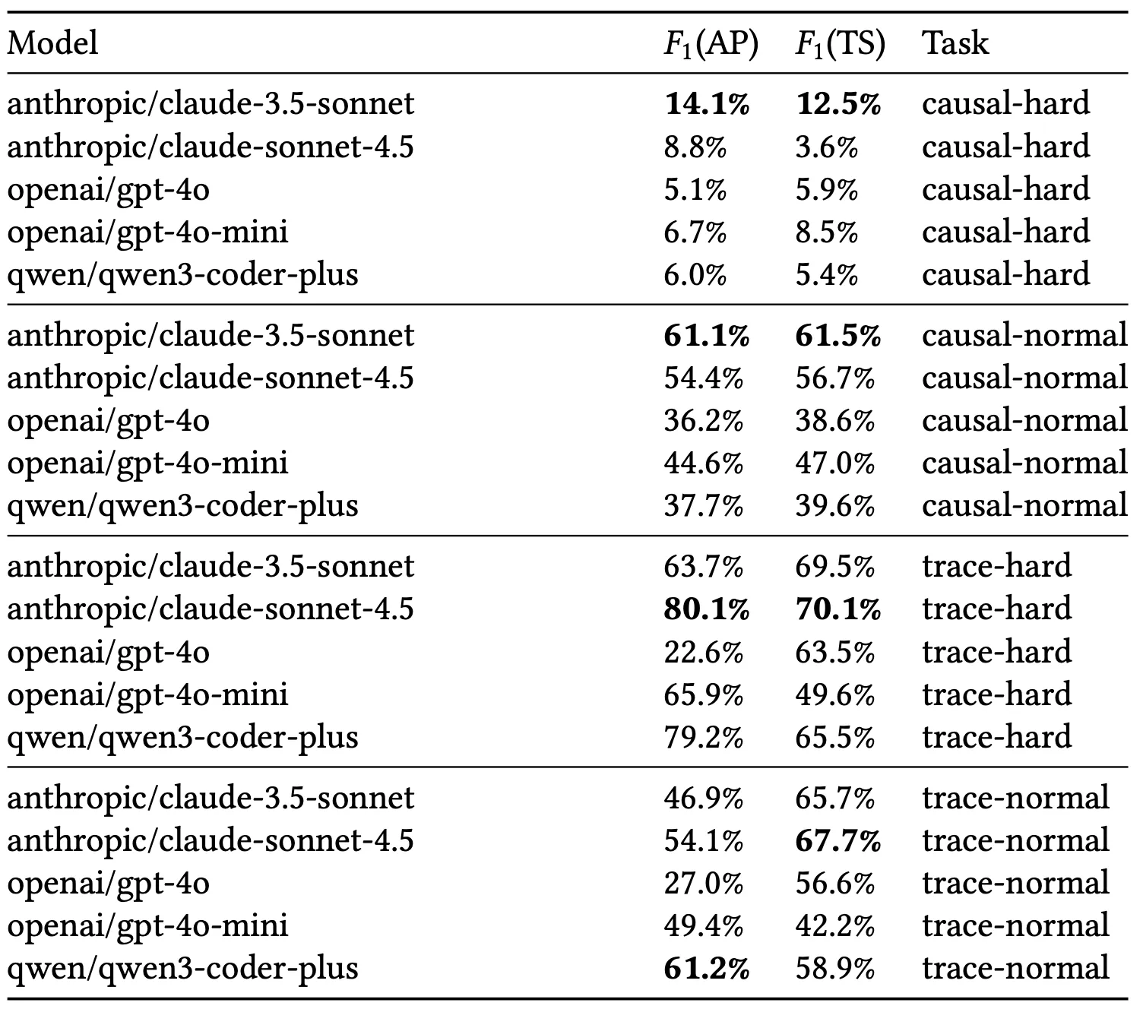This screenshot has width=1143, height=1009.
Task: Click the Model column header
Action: (x=52, y=43)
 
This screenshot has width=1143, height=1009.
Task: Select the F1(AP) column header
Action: (x=711, y=45)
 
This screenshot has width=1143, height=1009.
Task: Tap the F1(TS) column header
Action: (x=840, y=45)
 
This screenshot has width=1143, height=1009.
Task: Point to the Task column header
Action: (x=955, y=43)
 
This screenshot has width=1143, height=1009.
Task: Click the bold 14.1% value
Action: (x=707, y=104)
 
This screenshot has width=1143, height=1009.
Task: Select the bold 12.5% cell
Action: (x=838, y=104)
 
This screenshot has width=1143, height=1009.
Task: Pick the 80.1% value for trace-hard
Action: (x=707, y=609)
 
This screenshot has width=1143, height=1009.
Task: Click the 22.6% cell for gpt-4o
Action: (x=703, y=652)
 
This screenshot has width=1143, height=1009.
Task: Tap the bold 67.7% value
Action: (x=838, y=841)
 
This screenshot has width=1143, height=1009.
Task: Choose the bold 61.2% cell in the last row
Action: (x=707, y=969)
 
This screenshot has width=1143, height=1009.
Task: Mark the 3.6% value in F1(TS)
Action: (x=827, y=147)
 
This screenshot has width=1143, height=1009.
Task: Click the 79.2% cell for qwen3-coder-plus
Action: (x=703, y=737)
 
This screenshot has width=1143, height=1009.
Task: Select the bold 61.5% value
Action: (x=838, y=336)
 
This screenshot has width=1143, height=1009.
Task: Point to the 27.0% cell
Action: (x=703, y=884)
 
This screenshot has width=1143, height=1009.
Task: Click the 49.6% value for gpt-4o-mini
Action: (x=835, y=694)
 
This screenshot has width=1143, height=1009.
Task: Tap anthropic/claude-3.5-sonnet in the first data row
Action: (x=211, y=104)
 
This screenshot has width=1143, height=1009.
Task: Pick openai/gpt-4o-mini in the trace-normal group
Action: (x=147, y=926)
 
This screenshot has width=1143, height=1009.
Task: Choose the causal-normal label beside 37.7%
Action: (x=1024, y=506)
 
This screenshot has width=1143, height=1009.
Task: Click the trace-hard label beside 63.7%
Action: (x=996, y=567)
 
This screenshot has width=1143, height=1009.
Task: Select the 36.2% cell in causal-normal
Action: (x=703, y=421)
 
